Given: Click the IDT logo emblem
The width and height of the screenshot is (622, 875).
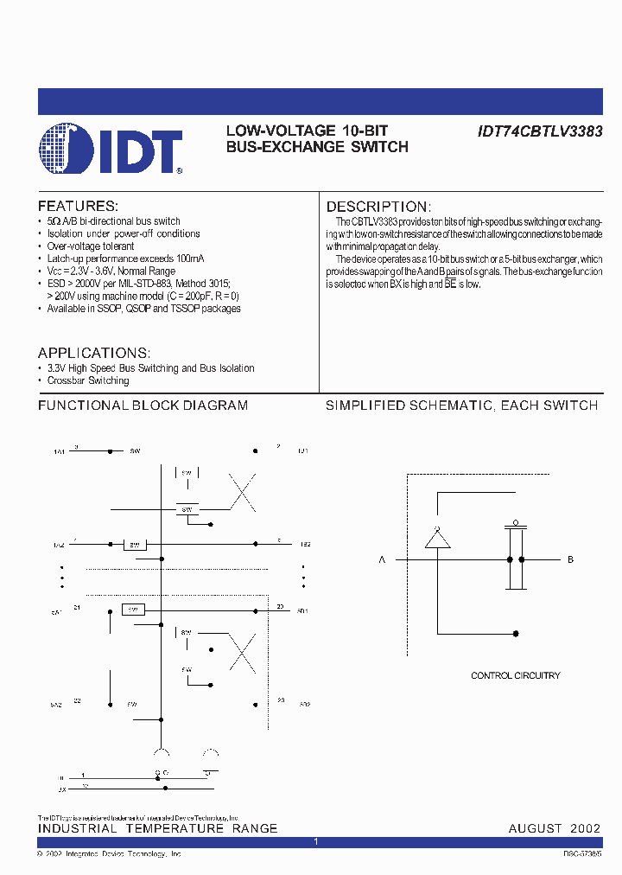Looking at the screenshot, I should (x=66, y=150).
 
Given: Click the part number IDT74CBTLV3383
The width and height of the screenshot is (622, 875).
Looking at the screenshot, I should (x=540, y=131).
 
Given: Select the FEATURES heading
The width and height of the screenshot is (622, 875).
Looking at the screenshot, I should (x=78, y=206).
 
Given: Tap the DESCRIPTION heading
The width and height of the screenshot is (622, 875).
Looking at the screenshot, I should (x=378, y=207).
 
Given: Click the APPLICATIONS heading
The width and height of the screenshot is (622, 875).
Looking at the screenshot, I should (x=94, y=353).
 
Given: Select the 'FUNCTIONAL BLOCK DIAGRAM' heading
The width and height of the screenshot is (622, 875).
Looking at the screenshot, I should (x=143, y=406).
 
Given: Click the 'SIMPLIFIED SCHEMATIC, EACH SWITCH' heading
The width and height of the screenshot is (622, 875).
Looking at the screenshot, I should (x=461, y=406).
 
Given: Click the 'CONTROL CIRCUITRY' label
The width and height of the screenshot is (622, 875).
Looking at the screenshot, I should (x=515, y=675).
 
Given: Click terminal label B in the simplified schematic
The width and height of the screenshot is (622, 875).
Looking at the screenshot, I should (x=570, y=560).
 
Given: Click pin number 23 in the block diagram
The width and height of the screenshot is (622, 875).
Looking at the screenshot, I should (x=281, y=700).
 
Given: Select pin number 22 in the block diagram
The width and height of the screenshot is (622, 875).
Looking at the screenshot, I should (x=77, y=700).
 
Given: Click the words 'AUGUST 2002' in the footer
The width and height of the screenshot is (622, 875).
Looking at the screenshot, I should (x=554, y=828).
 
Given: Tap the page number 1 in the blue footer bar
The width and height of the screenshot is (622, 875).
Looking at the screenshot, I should (x=316, y=841).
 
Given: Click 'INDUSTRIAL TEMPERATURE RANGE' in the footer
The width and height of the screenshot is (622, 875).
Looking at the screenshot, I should (x=157, y=828).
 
